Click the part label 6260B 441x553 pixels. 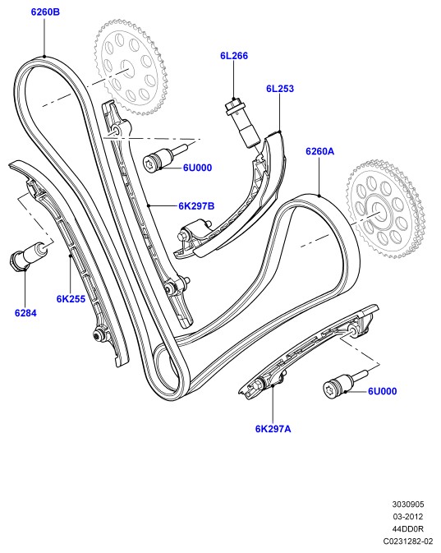pyautogui.click(x=45, y=12)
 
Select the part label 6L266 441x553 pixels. pyautogui.click(x=234, y=56)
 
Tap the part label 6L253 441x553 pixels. pyautogui.click(x=280, y=89)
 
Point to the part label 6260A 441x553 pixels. pyautogui.click(x=319, y=151)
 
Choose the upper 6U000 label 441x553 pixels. pyautogui.click(x=197, y=168)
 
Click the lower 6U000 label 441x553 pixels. pyautogui.click(x=382, y=391)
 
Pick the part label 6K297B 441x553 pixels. pyautogui.click(x=196, y=206)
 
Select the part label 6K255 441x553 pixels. pyautogui.click(x=71, y=299)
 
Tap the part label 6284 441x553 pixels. pyautogui.click(x=25, y=313)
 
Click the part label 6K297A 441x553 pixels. pyautogui.click(x=273, y=429)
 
